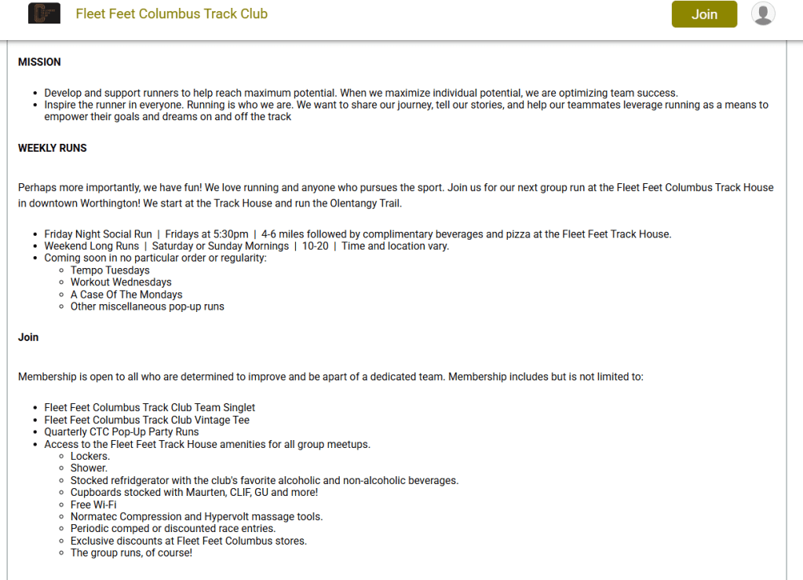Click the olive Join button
coord(704,14)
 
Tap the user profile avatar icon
coord(763,13)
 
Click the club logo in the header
coord(44,13)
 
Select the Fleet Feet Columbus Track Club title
coord(171,14)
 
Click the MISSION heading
coord(39,62)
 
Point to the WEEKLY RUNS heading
coord(53,148)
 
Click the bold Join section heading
coord(28,337)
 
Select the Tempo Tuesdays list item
coord(110,270)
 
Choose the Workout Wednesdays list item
coord(121,282)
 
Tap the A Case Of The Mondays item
coord(126,295)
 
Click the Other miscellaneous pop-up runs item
coord(147,307)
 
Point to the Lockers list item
coord(90,456)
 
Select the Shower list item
coord(89,468)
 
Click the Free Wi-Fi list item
coord(93,505)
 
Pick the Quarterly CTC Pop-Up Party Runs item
coord(122,431)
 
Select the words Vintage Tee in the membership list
coord(221,420)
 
